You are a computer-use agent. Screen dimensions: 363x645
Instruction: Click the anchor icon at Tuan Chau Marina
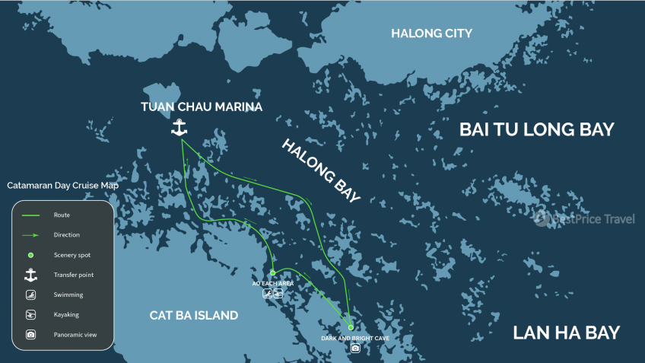tap(180, 128)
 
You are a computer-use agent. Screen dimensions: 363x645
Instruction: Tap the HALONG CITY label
tap(431, 33)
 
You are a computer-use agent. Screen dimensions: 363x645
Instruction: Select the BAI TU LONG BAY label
tap(536, 129)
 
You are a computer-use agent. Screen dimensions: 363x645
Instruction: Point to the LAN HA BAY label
tap(566, 333)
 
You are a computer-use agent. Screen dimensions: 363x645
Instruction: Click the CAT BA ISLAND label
tap(193, 315)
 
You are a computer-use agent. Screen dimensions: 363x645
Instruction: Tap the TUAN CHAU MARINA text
tap(202, 107)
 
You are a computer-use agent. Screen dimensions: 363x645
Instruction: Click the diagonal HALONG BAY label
tap(320, 172)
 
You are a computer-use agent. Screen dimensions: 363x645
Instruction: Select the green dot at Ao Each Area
tap(272, 272)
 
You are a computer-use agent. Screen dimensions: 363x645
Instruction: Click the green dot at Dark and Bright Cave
tap(351, 327)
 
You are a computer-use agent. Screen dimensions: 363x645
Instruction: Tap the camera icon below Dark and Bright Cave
tap(355, 349)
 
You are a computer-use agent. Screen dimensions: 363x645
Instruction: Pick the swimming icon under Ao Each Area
tap(267, 293)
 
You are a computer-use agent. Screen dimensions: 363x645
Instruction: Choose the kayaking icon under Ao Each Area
tap(278, 293)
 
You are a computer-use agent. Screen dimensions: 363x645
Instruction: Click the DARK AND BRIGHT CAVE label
tap(355, 337)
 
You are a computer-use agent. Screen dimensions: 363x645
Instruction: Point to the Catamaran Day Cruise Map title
tap(62, 186)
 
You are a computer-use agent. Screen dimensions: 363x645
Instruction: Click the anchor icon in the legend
tap(30, 275)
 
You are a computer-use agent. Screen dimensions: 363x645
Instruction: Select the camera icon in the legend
tap(30, 334)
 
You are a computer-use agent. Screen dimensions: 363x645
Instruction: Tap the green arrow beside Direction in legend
tap(30, 235)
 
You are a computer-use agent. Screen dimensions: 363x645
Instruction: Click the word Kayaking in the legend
tap(66, 314)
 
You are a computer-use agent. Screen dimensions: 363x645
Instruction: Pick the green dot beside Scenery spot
tap(30, 255)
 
